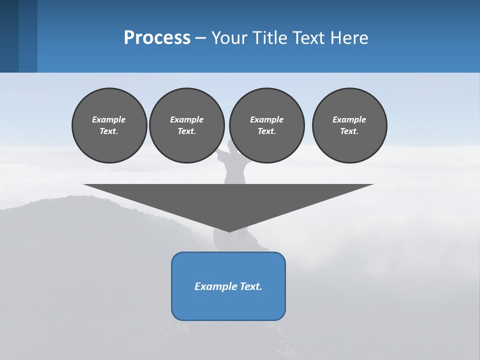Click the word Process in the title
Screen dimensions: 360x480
157,37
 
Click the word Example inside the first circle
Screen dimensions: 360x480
109,119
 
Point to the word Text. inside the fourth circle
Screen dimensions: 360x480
349,131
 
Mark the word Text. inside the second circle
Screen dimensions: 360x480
186,131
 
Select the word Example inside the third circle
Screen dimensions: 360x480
266,119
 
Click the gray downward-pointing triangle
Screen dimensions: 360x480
228,200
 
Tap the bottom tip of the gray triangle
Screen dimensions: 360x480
228,231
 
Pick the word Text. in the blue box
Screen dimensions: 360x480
251,286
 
